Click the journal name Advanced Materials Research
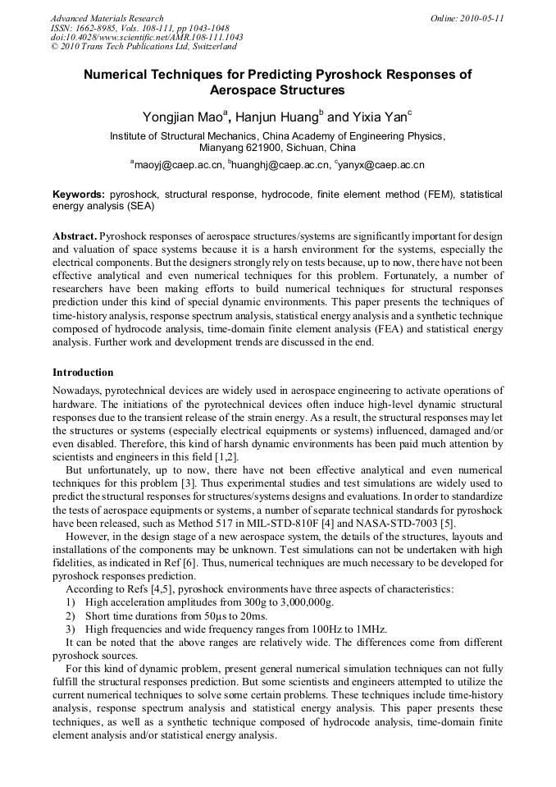(x=107, y=18)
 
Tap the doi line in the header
(x=147, y=38)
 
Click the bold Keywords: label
(x=79, y=195)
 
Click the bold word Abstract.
(x=75, y=235)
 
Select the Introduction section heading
(x=83, y=373)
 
